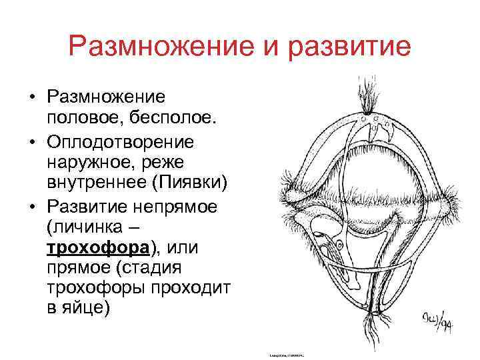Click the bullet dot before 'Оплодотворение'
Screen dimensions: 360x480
(x=31, y=142)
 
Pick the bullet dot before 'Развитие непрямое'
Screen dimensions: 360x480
(x=31, y=206)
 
